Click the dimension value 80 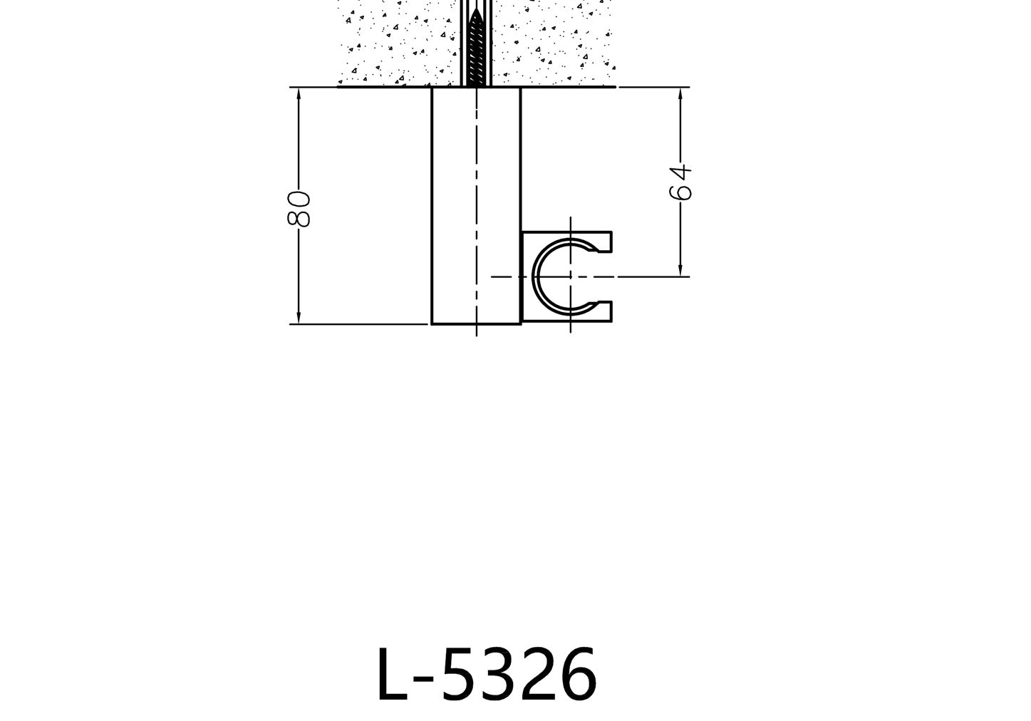[299, 209]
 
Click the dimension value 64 [680, 182]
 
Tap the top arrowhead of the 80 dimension [299, 93]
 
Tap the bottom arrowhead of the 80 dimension [299, 318]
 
